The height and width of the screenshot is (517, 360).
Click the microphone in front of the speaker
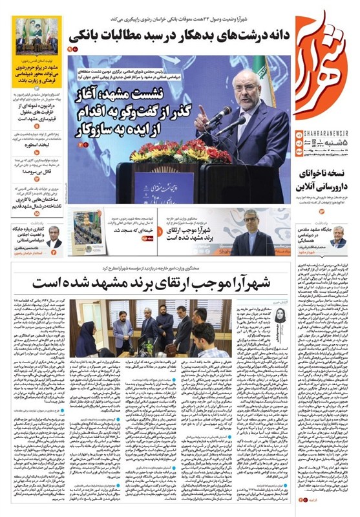click(220, 117)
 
